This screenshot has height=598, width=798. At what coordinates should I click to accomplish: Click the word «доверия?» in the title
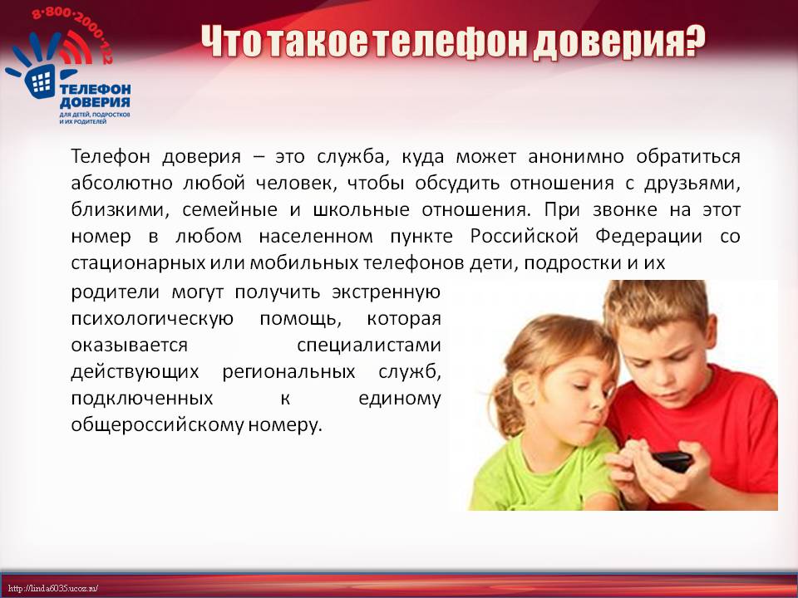coord(618,42)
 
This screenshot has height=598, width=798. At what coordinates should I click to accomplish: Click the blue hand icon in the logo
coord(37,67)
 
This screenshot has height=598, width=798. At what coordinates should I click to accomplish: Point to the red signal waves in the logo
coord(76,48)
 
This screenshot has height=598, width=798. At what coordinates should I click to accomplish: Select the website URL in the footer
coord(53,589)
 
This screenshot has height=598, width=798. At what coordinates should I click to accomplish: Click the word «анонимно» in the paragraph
coord(575,157)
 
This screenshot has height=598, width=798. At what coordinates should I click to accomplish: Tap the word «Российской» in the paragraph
coord(525,236)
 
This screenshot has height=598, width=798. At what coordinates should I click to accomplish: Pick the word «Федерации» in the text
coord(649,236)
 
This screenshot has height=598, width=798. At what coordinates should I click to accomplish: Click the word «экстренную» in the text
coord(386,293)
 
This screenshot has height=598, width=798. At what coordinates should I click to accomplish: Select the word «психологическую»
coord(152,319)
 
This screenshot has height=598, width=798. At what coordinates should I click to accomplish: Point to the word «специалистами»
coord(368,346)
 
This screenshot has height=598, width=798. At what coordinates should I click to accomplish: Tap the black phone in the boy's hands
coord(672,461)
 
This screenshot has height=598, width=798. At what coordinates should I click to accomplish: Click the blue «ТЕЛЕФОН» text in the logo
coord(95,91)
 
